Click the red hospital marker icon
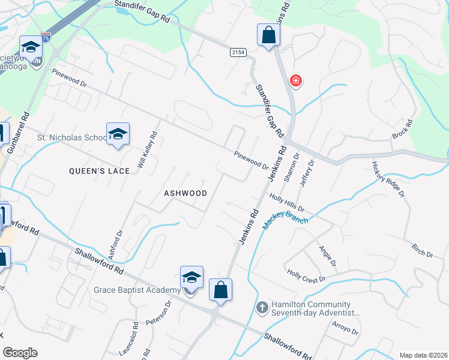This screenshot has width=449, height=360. (x=295, y=80)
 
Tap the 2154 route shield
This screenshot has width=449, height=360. (x=238, y=53)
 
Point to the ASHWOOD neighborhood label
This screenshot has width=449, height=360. (x=185, y=193)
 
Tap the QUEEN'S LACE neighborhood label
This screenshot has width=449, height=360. (x=99, y=171)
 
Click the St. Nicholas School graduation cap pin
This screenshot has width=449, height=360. (x=118, y=134)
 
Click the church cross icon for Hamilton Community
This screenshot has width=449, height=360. (x=262, y=308)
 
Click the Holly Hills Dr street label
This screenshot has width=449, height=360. (x=287, y=202)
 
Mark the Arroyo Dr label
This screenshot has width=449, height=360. (x=345, y=328)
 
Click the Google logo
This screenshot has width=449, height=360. (x=20, y=353)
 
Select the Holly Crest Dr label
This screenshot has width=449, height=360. (x=306, y=276)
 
